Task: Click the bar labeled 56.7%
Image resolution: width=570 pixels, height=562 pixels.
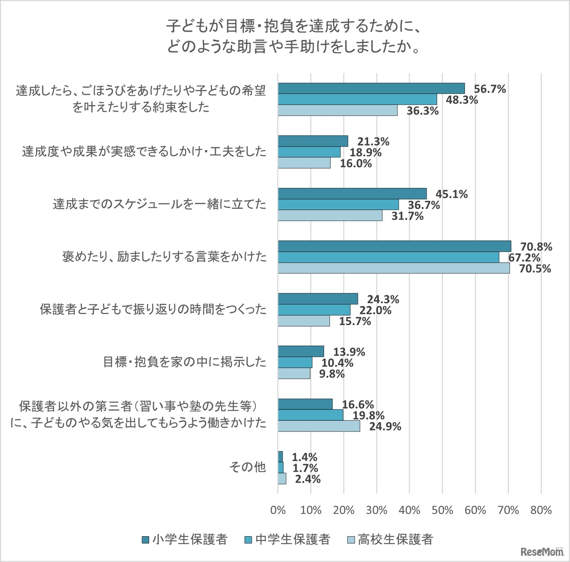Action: tap(371, 88)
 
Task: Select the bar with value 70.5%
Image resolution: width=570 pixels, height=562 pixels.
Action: tap(394, 268)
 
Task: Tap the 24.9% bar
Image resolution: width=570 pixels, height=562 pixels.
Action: tap(319, 426)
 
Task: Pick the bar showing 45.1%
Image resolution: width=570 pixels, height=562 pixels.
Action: tap(352, 194)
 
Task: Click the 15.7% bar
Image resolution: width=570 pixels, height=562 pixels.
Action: tap(304, 321)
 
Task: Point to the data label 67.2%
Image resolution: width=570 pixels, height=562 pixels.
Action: tap(524, 257)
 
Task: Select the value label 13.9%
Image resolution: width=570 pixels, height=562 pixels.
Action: tap(349, 352)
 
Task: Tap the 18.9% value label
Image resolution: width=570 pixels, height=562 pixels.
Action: tap(366, 152)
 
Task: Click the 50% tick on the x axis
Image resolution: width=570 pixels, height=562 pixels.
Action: tap(442, 510)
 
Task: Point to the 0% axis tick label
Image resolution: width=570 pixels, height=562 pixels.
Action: tap(278, 510)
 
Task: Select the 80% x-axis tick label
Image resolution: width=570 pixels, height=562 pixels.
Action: tap(541, 510)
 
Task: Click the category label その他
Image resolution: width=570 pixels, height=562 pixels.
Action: tap(248, 467)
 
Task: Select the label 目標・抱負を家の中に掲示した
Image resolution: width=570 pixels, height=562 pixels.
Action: tap(184, 362)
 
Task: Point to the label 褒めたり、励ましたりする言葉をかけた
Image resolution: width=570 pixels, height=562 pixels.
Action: tap(164, 257)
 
